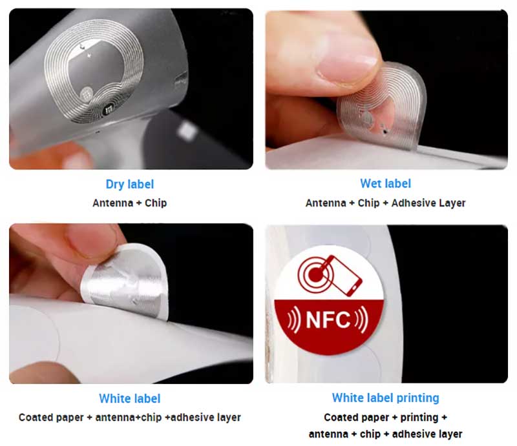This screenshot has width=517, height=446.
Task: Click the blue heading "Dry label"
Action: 130,184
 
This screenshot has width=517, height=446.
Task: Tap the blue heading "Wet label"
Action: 385,183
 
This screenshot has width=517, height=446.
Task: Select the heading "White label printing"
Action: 385,398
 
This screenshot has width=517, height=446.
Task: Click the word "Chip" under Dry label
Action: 156,203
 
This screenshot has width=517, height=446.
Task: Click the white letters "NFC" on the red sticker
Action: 328,319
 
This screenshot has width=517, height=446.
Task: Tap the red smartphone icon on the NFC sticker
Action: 344,276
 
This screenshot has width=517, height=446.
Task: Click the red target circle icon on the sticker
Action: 315,274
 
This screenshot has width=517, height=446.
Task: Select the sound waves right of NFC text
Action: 362,319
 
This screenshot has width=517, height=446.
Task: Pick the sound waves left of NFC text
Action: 294,319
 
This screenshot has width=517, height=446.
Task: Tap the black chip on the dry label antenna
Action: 108,110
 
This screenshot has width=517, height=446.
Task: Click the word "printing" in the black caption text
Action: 419,418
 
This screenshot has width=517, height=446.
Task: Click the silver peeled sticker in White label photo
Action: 125,281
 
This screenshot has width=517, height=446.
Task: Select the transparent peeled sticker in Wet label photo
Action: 381,106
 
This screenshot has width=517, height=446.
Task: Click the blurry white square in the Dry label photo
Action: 187,131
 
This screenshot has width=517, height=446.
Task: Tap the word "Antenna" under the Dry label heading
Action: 112,203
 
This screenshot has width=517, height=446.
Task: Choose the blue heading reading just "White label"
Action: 130,399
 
